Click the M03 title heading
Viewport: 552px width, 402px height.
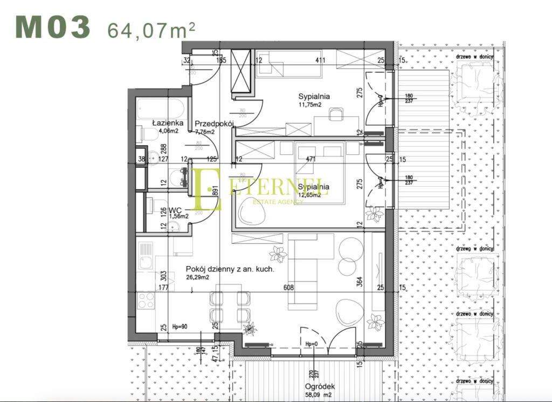click(x=52, y=28)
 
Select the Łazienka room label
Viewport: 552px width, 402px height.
click(x=168, y=122)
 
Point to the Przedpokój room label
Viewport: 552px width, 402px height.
click(x=213, y=123)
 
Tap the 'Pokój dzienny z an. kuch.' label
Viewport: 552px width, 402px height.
click(x=230, y=269)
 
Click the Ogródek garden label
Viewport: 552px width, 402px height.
click(x=320, y=386)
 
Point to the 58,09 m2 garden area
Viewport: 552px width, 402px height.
click(x=320, y=395)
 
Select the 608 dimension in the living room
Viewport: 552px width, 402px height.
click(x=289, y=288)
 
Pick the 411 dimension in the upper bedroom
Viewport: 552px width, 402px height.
click(x=320, y=60)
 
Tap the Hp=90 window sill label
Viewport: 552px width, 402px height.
click(x=180, y=327)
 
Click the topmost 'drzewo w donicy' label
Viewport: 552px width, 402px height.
click(x=478, y=55)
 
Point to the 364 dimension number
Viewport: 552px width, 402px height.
click(x=360, y=282)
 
